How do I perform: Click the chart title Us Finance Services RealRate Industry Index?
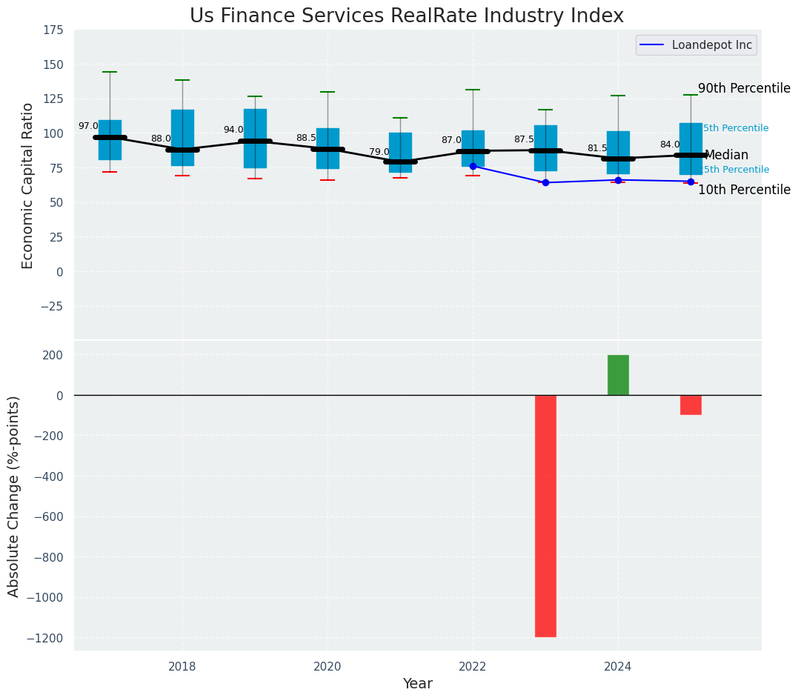(x=406, y=16)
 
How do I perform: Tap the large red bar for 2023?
(x=545, y=516)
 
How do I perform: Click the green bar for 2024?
(x=618, y=375)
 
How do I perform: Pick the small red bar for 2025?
(x=691, y=405)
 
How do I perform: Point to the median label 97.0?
(x=88, y=127)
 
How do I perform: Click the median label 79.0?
(x=379, y=152)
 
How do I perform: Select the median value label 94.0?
(x=233, y=130)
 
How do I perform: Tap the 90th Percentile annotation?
(x=744, y=88)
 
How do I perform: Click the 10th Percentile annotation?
(x=744, y=190)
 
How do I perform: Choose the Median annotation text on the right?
(x=726, y=156)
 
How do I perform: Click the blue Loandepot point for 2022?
(x=473, y=166)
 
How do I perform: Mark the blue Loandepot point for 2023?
(x=545, y=182)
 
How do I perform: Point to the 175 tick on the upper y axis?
(x=53, y=30)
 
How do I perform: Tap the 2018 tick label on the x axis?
(x=182, y=667)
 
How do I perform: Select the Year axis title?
(x=417, y=684)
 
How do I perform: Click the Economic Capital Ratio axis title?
(x=28, y=185)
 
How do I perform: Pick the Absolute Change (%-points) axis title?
(x=14, y=496)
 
